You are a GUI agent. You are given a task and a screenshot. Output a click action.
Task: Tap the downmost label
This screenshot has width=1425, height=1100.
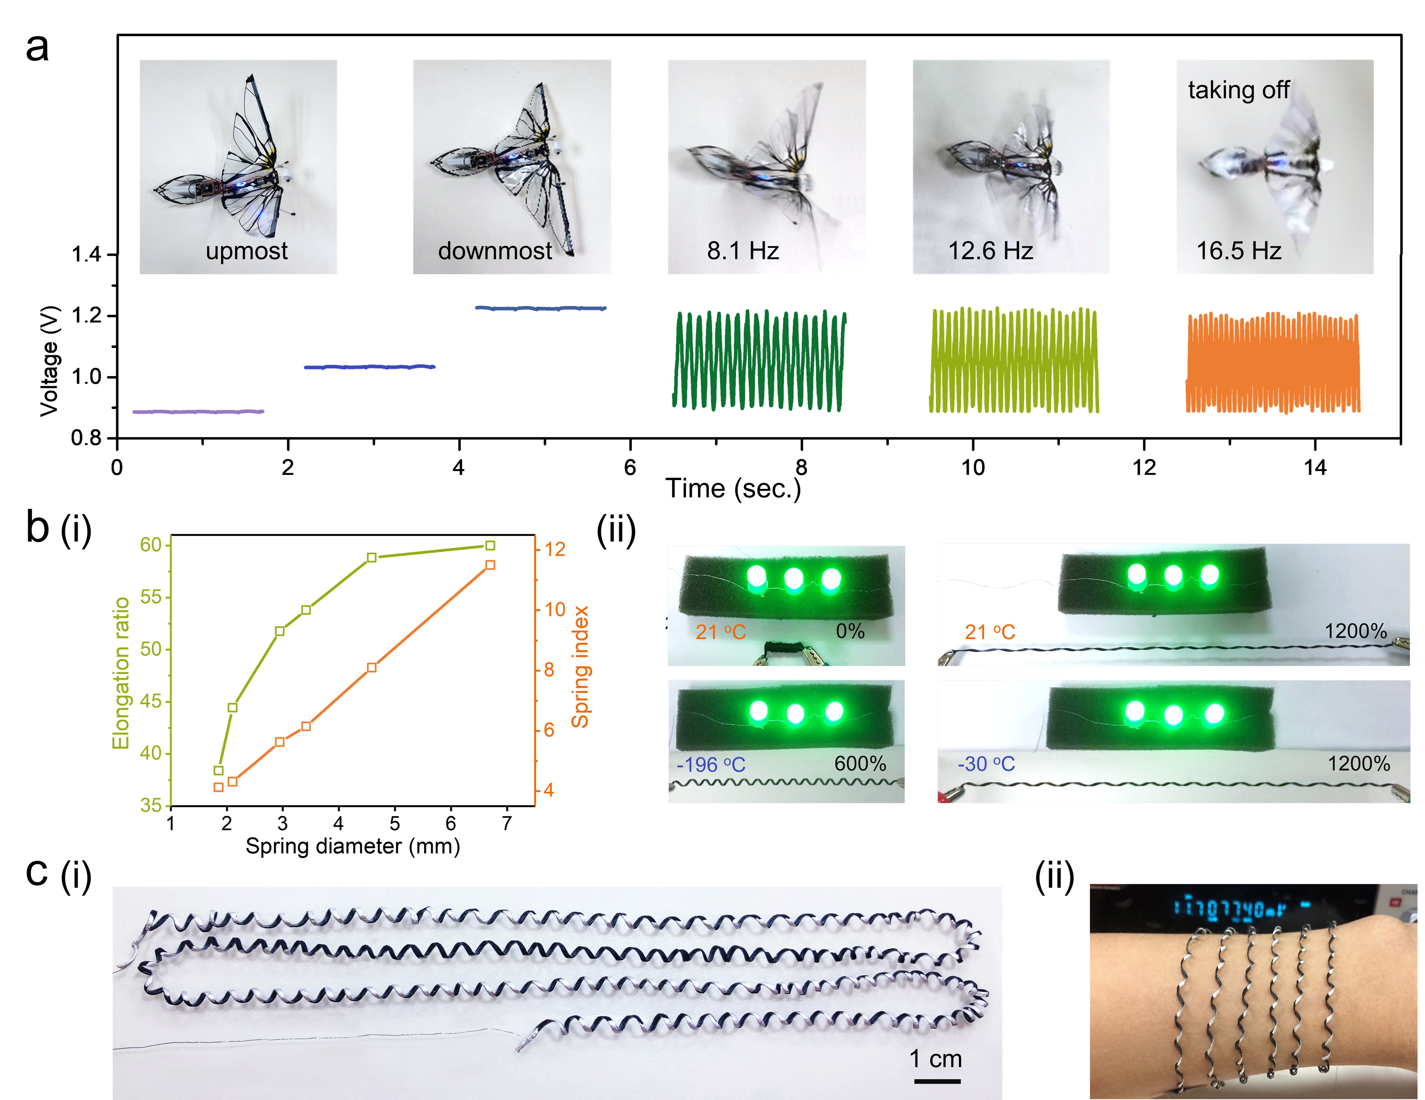coord(495,251)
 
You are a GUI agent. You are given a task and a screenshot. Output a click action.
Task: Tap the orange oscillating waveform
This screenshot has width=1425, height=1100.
coord(1272,363)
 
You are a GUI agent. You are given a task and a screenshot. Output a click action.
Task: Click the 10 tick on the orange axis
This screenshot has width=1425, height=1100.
coord(555,609)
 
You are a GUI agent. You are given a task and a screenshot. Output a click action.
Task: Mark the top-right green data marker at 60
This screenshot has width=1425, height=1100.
coord(490,545)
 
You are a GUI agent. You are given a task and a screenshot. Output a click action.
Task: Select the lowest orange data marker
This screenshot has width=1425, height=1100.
coord(218,787)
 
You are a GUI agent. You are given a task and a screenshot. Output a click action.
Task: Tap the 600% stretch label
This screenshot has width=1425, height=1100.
coord(860,763)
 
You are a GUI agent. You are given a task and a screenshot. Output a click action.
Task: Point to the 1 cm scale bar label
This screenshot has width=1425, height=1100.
coord(936,1058)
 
